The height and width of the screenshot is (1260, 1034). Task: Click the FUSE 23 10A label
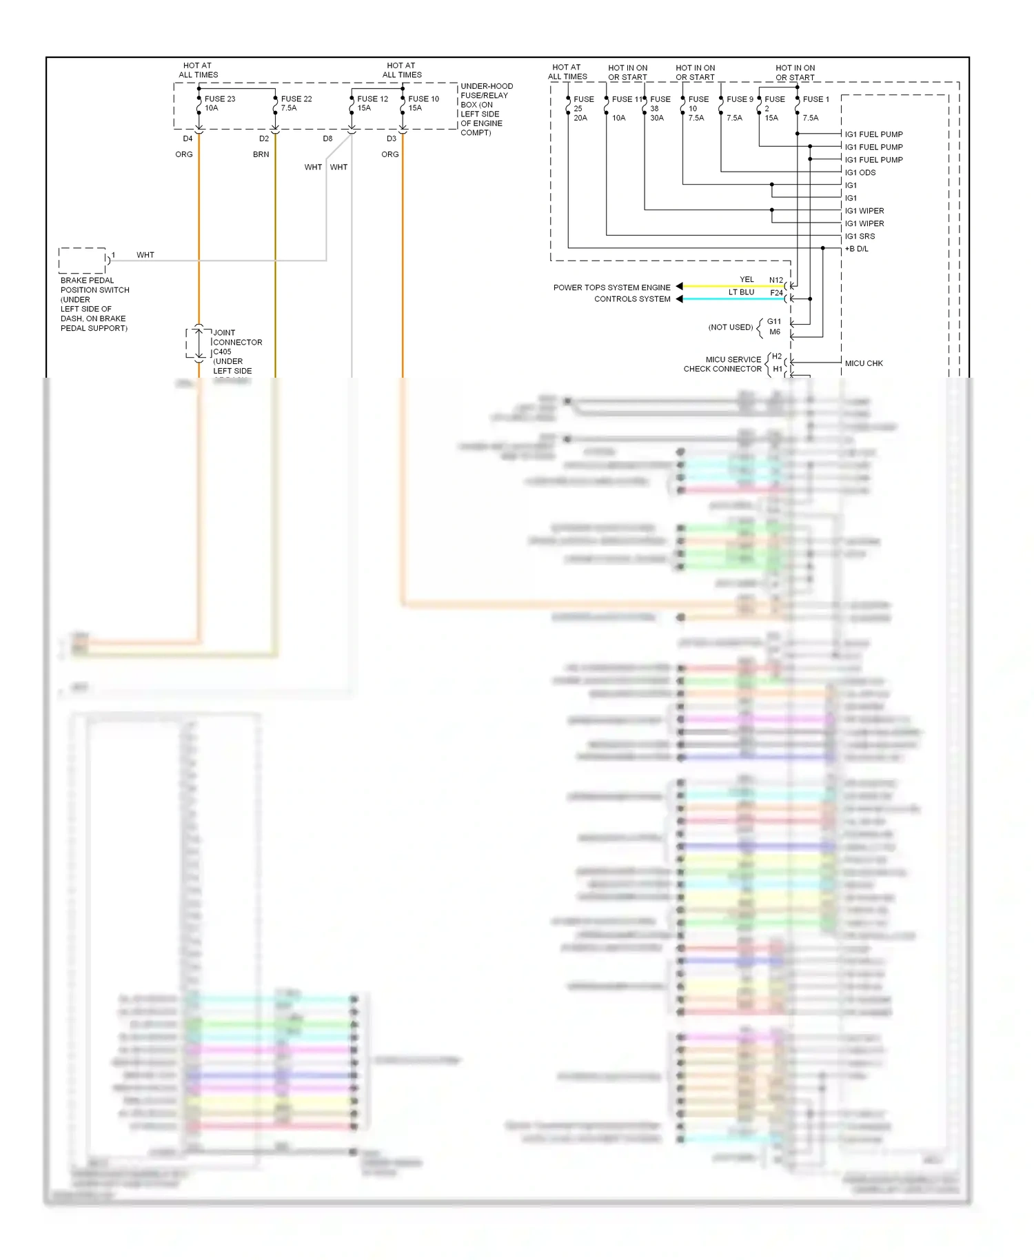(x=219, y=103)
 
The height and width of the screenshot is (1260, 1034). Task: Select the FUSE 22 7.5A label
(x=296, y=103)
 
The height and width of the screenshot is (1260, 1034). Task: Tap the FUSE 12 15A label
(x=372, y=103)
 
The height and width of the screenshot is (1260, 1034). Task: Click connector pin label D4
(x=187, y=139)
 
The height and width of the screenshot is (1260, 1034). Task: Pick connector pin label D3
(x=391, y=139)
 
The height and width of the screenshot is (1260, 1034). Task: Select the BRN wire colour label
(x=261, y=154)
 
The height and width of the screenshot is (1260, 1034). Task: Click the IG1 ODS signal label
(x=860, y=173)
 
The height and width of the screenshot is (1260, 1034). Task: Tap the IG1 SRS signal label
(x=860, y=236)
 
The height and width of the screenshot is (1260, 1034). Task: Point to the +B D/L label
(x=857, y=249)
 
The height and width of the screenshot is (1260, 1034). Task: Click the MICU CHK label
(x=864, y=363)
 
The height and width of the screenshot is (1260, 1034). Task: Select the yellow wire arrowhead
(x=679, y=286)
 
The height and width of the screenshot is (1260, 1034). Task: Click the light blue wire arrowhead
(x=679, y=299)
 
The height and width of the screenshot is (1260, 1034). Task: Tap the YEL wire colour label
(x=747, y=280)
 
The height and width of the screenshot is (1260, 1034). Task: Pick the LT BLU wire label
(x=741, y=292)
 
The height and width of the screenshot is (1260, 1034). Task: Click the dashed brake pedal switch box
(x=82, y=261)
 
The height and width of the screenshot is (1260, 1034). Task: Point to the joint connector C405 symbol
(x=199, y=343)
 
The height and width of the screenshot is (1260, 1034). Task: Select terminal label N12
(x=775, y=281)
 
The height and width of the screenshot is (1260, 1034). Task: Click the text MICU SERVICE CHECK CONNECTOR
(x=722, y=364)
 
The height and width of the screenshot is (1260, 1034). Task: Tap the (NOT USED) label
(x=730, y=327)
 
